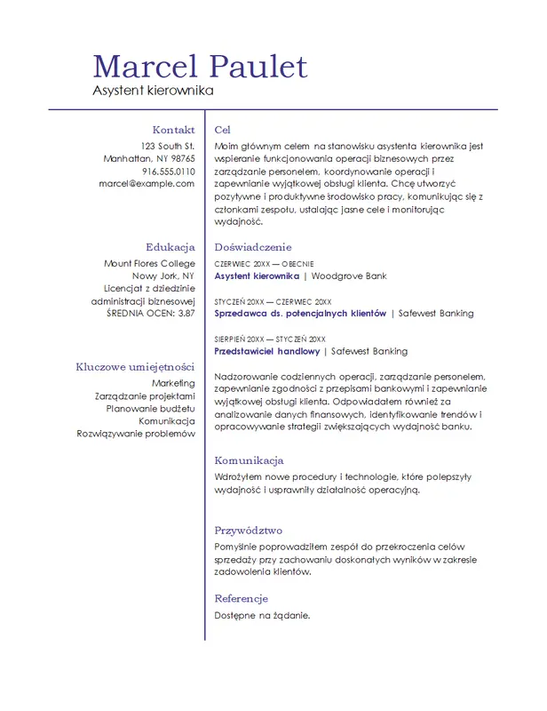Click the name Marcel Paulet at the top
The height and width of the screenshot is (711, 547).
(200, 67)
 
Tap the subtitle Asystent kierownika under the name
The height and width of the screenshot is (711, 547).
(154, 91)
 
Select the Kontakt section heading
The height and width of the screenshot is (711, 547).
(173, 130)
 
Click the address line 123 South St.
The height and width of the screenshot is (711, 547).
(168, 145)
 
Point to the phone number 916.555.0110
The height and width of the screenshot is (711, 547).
(168, 171)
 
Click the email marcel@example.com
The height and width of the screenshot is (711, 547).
(147, 183)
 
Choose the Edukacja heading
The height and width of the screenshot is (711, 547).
(170, 247)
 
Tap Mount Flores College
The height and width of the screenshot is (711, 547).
(149, 263)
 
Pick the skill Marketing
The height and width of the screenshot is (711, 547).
(173, 383)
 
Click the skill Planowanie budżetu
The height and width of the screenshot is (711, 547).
(150, 408)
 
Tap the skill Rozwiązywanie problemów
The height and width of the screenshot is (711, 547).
(136, 434)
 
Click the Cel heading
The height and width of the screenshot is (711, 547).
(223, 130)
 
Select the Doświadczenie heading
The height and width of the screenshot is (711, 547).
(253, 247)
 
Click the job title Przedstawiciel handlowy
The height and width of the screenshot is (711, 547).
(267, 351)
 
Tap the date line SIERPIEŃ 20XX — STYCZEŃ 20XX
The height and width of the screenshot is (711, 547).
(270, 339)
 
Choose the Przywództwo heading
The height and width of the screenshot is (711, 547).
(248, 531)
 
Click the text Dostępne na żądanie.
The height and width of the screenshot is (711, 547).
(262, 615)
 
